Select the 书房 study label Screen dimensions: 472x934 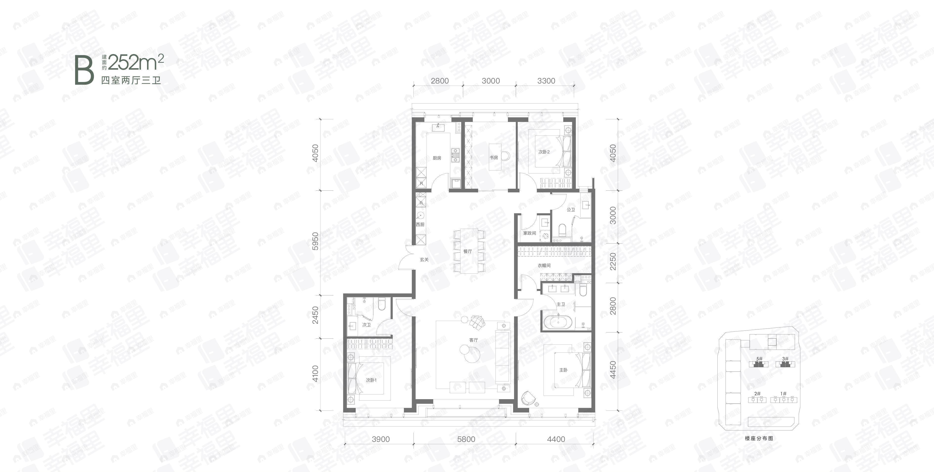point(494,158)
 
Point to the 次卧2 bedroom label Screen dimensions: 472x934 point(544,152)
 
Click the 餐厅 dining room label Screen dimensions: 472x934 point(467,251)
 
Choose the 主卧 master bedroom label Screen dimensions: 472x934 point(563,370)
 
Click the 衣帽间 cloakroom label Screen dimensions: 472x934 point(544,265)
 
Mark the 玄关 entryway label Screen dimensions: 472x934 point(424,260)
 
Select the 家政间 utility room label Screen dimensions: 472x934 point(529,233)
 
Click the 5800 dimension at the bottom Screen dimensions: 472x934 point(466,439)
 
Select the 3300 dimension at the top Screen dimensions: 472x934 point(546,81)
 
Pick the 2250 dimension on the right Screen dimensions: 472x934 point(613,261)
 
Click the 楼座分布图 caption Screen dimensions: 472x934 point(759,438)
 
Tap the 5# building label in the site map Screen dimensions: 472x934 point(759,359)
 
